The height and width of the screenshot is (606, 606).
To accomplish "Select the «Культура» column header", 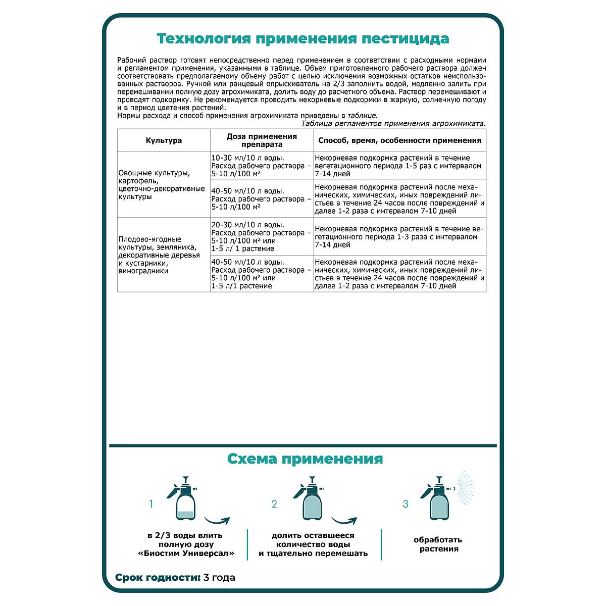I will coord(164,140).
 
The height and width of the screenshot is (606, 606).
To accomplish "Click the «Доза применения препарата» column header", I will coord(262,140).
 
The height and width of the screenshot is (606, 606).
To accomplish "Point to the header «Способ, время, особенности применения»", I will coord(399,140).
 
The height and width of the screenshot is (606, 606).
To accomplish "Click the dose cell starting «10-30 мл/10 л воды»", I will coord(262,166).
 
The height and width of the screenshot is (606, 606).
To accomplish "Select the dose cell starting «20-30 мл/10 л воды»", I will coord(262,236).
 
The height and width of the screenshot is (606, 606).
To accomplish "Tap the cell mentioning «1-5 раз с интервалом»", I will coord(399,166).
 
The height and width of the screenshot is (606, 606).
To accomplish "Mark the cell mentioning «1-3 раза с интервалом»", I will coord(399,236).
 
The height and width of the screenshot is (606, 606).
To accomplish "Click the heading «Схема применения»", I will coord(305,459).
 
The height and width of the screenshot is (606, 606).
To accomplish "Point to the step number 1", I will coord(150,504).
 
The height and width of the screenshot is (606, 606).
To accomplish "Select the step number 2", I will coord(274,504).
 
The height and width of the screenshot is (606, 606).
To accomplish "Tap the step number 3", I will coord(405,504).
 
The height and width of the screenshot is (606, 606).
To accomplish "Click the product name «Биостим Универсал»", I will coord(186,553).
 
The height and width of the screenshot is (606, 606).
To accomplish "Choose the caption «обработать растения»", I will coord(439,544).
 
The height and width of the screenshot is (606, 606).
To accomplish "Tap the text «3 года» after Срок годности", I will coord(219,577).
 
